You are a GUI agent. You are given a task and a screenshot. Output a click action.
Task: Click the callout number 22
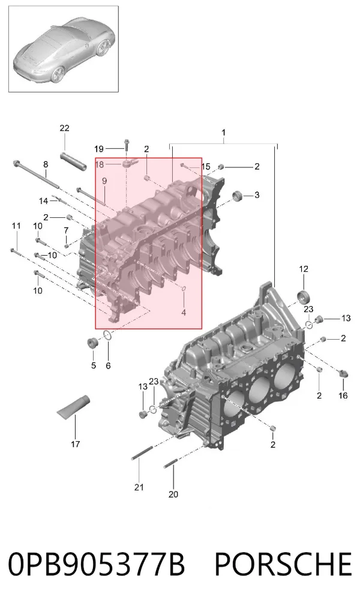tap(65, 128)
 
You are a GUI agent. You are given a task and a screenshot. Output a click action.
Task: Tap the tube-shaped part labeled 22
tap(73, 160)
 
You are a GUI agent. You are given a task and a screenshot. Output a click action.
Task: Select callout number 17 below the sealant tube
tap(75, 444)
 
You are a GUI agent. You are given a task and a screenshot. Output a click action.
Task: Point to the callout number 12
tap(304, 269)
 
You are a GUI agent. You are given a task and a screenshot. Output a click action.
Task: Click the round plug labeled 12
tap(304, 296)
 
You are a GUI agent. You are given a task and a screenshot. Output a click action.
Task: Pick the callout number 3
tap(257, 195)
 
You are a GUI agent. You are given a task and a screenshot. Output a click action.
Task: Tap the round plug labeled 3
tap(238, 196)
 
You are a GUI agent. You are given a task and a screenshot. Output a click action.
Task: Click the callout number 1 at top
tap(224, 133)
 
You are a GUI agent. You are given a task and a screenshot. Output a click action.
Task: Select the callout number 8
tap(46, 164)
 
